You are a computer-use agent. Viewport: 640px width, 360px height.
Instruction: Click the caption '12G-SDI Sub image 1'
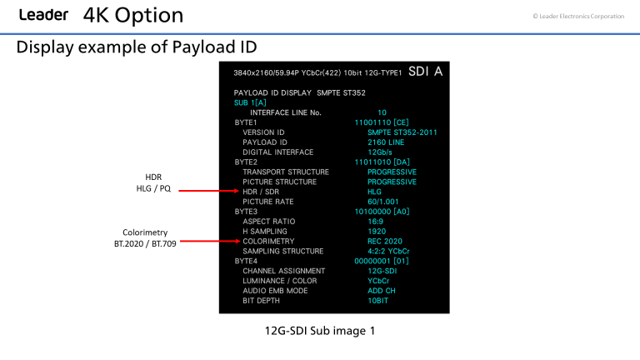tap(319, 331)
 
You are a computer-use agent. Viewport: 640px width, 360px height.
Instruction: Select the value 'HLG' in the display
tap(375, 192)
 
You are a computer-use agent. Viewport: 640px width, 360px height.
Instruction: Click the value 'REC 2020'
tap(385, 242)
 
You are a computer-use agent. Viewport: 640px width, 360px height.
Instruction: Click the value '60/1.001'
tap(384, 202)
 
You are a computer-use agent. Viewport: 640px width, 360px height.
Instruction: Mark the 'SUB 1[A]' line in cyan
tap(252, 102)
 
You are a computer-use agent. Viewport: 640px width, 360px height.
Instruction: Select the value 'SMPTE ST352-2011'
tap(402, 132)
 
